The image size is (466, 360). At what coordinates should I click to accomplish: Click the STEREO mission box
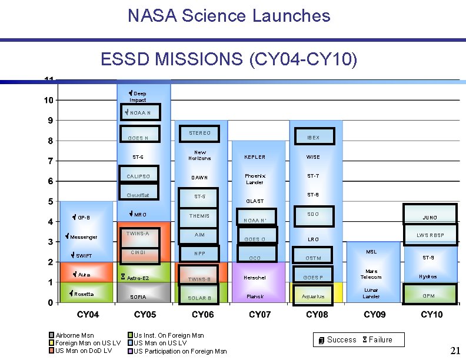tap(199, 134)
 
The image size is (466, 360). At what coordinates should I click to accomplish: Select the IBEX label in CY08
tap(313, 138)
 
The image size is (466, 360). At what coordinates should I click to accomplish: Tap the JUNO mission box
tap(430, 215)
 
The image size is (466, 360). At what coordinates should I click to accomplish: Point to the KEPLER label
tap(255, 157)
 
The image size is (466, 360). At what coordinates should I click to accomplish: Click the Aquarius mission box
tap(312, 296)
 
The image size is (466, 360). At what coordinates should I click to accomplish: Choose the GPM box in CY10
tap(429, 295)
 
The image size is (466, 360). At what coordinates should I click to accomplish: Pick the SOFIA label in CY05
tap(138, 297)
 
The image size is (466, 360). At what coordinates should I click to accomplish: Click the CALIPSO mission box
tap(139, 176)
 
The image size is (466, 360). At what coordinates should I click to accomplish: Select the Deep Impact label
tap(138, 96)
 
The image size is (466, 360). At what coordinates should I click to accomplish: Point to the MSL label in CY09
tap(371, 252)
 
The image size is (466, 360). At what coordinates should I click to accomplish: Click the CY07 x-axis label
tap(259, 315)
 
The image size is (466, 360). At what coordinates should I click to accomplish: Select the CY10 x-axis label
tap(431, 315)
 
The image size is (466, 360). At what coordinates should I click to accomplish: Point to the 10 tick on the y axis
tap(49, 100)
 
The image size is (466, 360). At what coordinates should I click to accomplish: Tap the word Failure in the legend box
tap(380, 339)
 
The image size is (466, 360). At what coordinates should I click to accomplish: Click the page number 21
tap(454, 351)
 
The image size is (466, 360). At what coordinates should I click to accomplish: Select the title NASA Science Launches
tap(229, 16)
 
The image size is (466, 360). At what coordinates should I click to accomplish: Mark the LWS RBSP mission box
tap(430, 235)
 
